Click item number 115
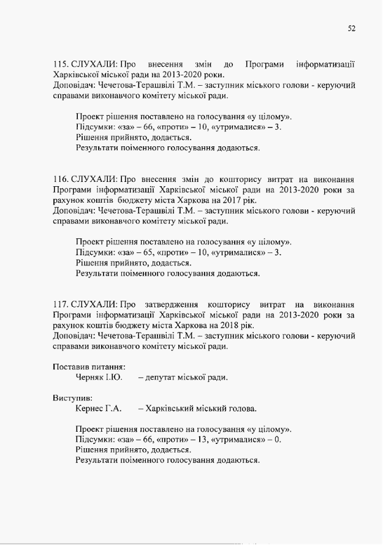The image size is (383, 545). [x=60, y=64]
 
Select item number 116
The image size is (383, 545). [x=60, y=179]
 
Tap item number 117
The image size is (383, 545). [x=60, y=304]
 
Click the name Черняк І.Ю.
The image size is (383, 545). [x=99, y=377]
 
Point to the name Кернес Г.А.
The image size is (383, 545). [x=99, y=408]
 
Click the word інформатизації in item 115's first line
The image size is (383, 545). [x=325, y=64]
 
